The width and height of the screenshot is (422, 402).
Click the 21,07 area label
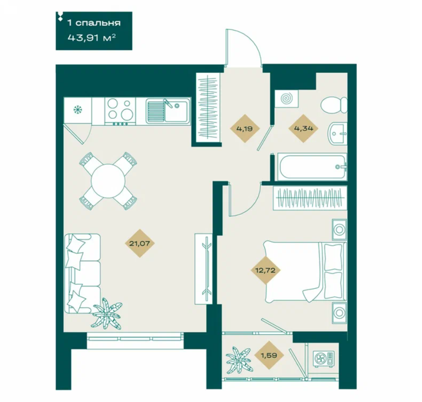(x=140, y=243)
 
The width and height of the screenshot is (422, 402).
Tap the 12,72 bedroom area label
(x=265, y=270)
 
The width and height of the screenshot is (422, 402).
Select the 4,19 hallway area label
(x=244, y=128)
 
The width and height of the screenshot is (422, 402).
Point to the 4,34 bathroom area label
(x=303, y=128)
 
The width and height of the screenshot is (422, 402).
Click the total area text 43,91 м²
(x=92, y=37)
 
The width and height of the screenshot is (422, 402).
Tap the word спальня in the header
(x=98, y=23)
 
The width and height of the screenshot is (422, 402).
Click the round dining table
(x=108, y=181)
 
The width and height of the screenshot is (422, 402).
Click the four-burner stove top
(x=120, y=111)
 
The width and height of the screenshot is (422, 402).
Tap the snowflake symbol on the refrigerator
(x=78, y=110)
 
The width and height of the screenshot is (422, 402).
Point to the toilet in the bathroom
(x=334, y=105)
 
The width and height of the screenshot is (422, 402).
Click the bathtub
(x=312, y=167)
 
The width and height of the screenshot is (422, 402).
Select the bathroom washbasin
(x=337, y=133)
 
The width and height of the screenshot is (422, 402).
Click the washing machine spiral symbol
(x=286, y=99)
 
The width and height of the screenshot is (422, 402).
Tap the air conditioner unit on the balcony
(x=325, y=359)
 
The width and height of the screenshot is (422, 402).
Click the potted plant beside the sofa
(x=108, y=313)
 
